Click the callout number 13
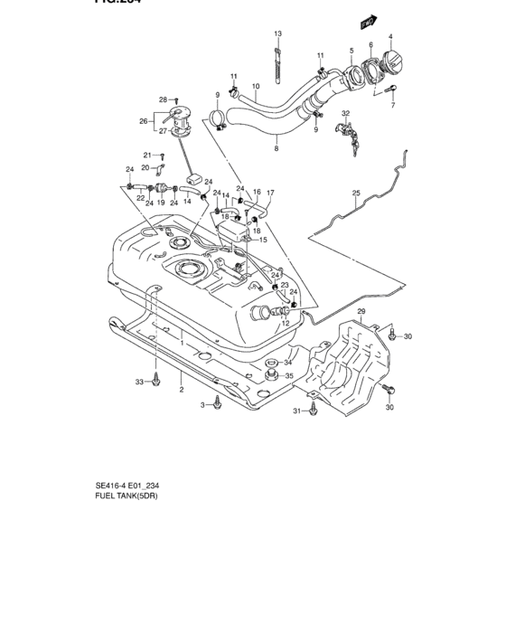(x=278, y=33)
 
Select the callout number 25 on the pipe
(x=355, y=194)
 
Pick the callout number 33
(x=140, y=383)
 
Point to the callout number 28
(x=164, y=99)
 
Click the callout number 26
(x=143, y=120)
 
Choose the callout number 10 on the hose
(x=256, y=87)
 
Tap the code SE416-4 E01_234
(x=133, y=485)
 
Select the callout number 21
(x=147, y=155)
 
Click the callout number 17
(x=269, y=193)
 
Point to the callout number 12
(x=284, y=323)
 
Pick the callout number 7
(x=393, y=106)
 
